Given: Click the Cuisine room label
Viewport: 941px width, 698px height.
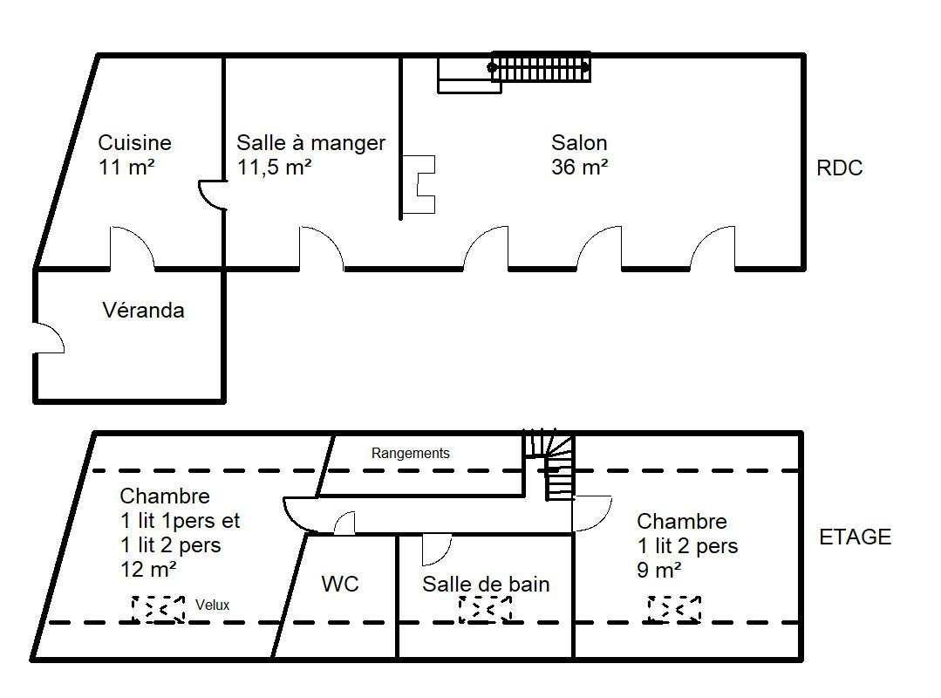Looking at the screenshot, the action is tap(134, 143).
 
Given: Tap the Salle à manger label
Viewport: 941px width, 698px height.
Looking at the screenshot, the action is tap(310, 143).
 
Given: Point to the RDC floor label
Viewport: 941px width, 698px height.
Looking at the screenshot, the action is tap(840, 168).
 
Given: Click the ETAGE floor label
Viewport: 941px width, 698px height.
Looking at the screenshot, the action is tap(856, 537).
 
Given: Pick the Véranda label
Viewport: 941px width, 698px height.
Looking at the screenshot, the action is tap(143, 311).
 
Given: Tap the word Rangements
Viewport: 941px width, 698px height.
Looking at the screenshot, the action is tap(411, 453).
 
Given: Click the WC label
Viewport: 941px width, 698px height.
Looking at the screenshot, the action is tap(339, 584).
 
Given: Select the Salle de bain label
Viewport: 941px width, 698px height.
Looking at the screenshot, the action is tap(486, 584).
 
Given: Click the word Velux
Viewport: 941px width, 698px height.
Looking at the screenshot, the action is tap(213, 605).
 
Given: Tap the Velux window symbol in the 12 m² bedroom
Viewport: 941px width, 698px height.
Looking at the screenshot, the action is tap(159, 609).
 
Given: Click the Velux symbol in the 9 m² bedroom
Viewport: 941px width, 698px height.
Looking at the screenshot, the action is tap(674, 609).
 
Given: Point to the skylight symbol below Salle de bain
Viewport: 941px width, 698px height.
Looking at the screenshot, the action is tap(485, 609).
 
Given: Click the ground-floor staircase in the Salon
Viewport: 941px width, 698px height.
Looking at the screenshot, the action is tap(540, 66).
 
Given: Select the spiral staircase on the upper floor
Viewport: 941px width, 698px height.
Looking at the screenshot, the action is tap(549, 464).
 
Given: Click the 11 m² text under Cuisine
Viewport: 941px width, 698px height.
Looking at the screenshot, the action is tap(126, 167).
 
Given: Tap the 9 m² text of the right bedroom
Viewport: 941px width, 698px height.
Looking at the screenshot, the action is tap(659, 570).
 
